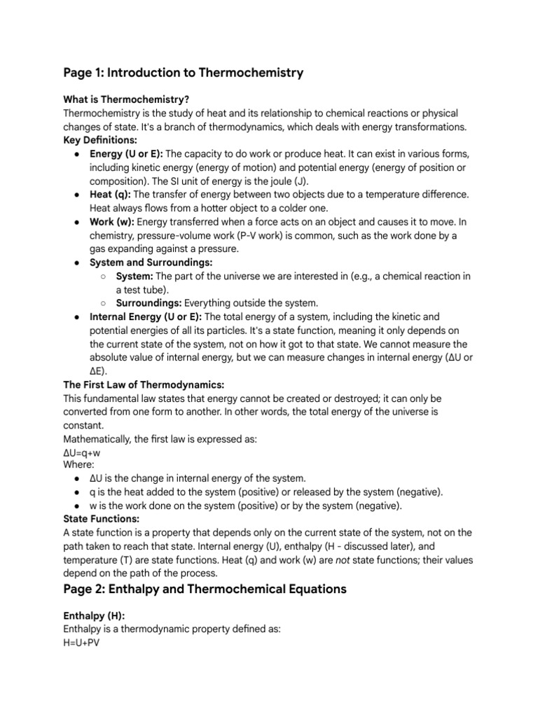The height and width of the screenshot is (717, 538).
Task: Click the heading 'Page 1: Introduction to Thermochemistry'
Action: coord(183,73)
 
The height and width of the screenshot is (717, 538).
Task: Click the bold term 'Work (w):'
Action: coord(113,221)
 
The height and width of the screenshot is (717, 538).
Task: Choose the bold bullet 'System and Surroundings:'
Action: coord(151,262)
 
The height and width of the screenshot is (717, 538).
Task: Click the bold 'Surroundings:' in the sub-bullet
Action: coord(149,302)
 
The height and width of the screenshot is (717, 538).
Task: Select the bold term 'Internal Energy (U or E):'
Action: coord(146,316)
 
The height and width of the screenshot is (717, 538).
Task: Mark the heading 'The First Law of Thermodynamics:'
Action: coord(144,384)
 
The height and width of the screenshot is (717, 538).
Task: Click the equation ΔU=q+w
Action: coord(82,452)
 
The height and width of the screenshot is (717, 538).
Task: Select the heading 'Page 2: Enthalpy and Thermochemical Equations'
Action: coord(205,589)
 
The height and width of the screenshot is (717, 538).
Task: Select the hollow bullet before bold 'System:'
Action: coord(103,276)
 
